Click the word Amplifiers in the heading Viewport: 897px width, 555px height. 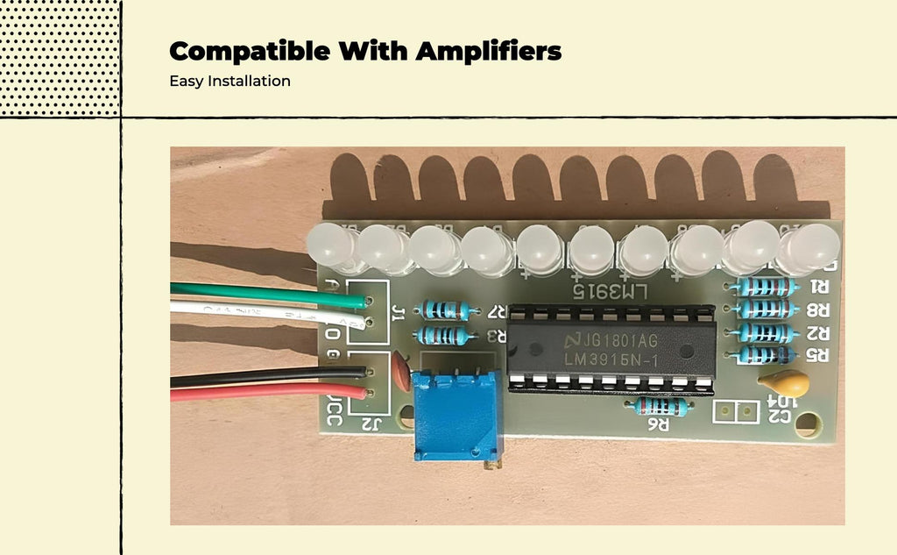(488, 52)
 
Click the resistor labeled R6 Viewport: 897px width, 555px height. (661, 406)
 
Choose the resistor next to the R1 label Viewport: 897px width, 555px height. (766, 287)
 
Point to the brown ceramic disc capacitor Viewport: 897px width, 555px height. (402, 372)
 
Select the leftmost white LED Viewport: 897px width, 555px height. (331, 246)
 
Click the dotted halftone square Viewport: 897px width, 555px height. (60, 57)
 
